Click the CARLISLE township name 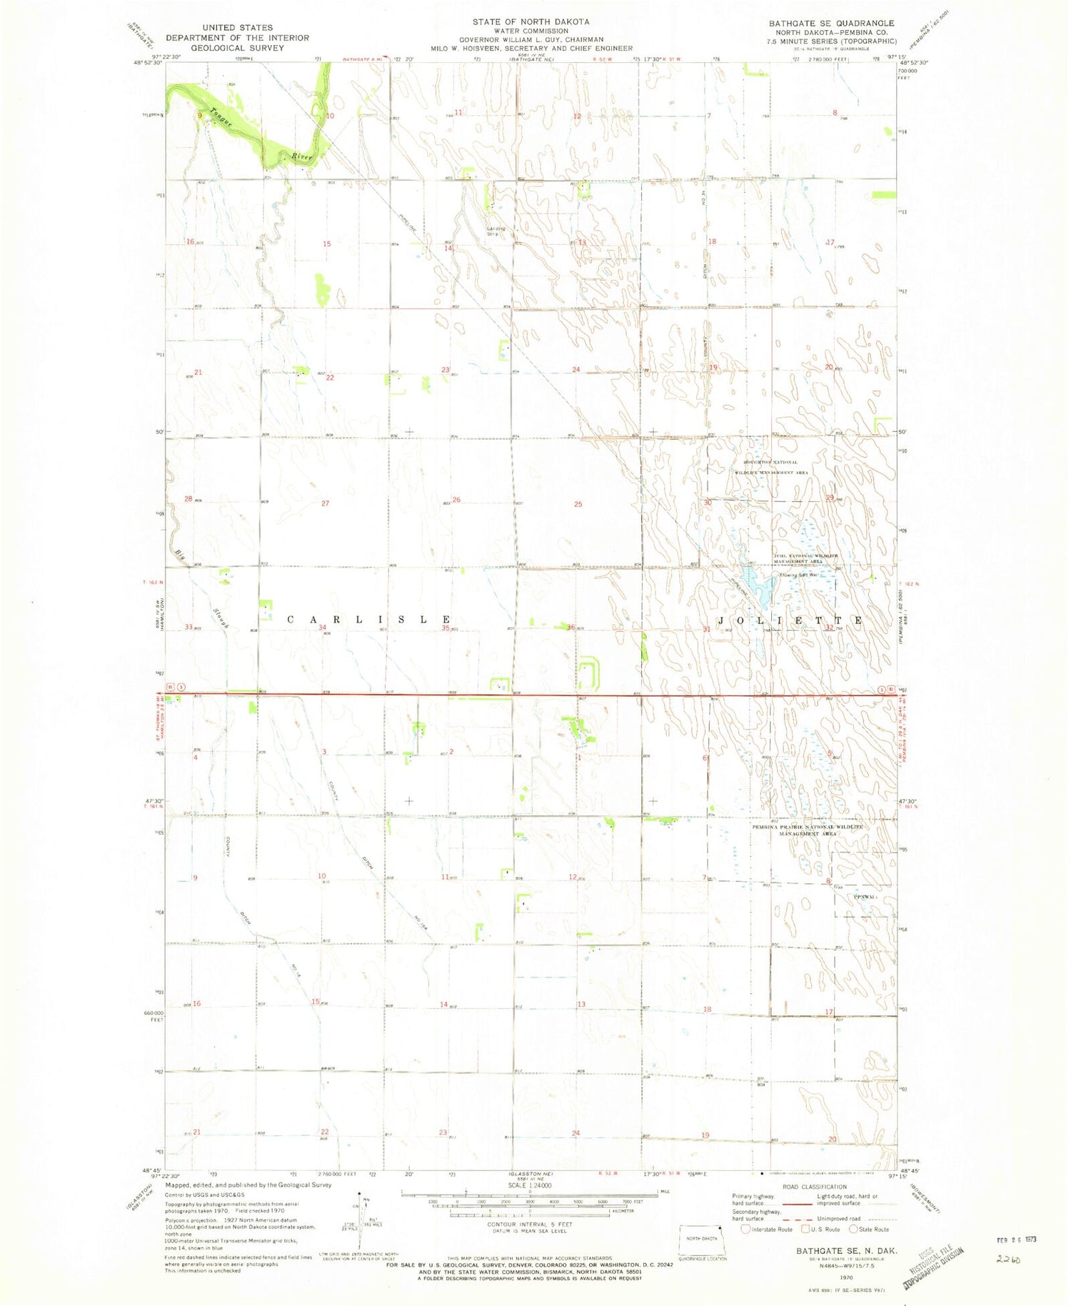pyautogui.click(x=369, y=620)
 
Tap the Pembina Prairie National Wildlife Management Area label pyautogui.click(x=807, y=830)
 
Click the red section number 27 pyautogui.click(x=325, y=503)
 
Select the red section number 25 pyautogui.click(x=578, y=504)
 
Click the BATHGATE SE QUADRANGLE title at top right pyautogui.click(x=831, y=24)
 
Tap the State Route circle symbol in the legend pyautogui.click(x=853, y=1229)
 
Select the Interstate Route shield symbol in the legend pyautogui.click(x=746, y=1229)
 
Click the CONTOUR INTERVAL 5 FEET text pyautogui.click(x=529, y=1224)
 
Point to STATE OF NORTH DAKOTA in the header pyautogui.click(x=531, y=21)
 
